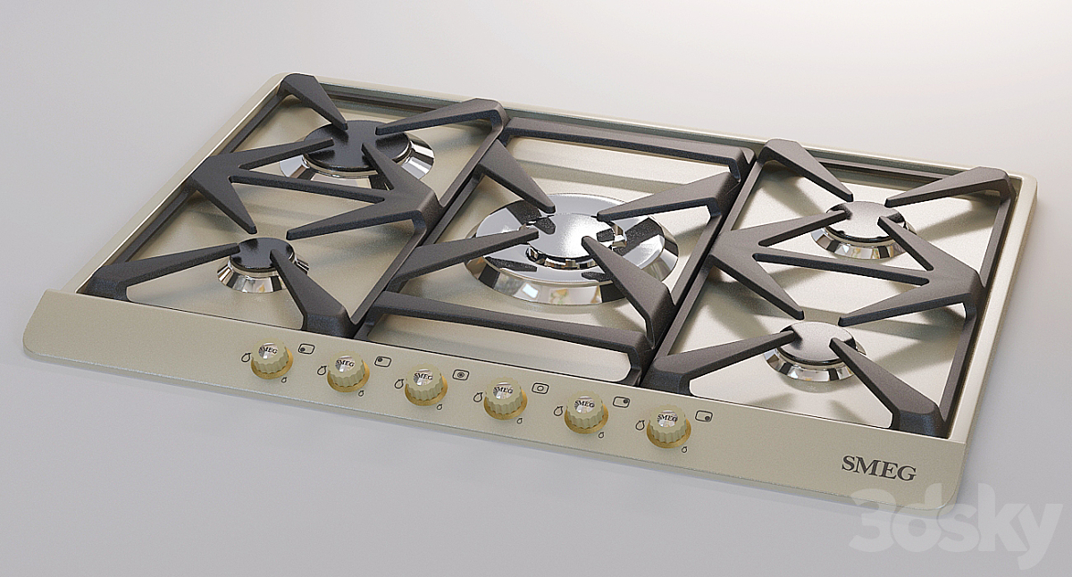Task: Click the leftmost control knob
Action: (272, 359)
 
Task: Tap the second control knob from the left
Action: (348, 372)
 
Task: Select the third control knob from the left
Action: (425, 386)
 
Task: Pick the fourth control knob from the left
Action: (506, 399)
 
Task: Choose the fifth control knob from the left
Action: (586, 413)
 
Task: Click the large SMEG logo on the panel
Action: (879, 467)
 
